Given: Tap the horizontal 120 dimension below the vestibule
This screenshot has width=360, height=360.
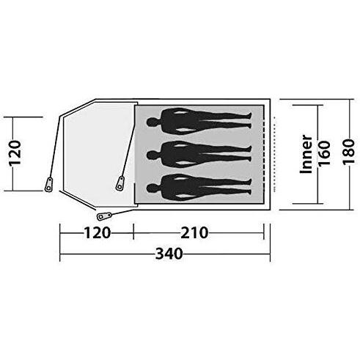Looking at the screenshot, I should coord(96,234).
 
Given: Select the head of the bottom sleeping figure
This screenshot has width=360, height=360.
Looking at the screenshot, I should coord(153,183).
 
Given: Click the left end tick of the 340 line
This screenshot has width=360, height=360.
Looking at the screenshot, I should coord(59,255).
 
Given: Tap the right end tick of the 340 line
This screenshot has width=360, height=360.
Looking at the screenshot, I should coord(271,255).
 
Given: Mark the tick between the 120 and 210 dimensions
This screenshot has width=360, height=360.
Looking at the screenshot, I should coord(133,234).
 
